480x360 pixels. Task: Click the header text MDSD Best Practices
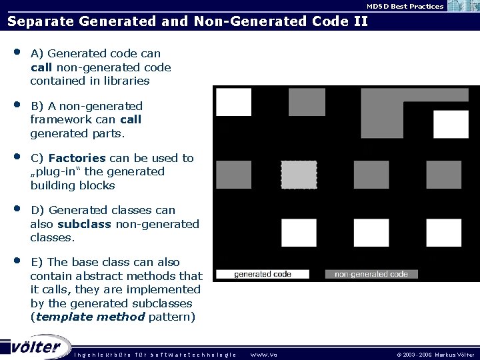coord(405,6)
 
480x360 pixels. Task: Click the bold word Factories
coord(77,158)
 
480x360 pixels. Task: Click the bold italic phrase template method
coord(90,317)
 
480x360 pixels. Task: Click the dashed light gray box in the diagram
coord(299,174)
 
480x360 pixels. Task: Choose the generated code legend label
coord(263,273)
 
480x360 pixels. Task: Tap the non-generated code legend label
coord(371,273)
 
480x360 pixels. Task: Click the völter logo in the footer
coord(37,347)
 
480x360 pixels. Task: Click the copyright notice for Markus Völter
coord(434,354)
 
